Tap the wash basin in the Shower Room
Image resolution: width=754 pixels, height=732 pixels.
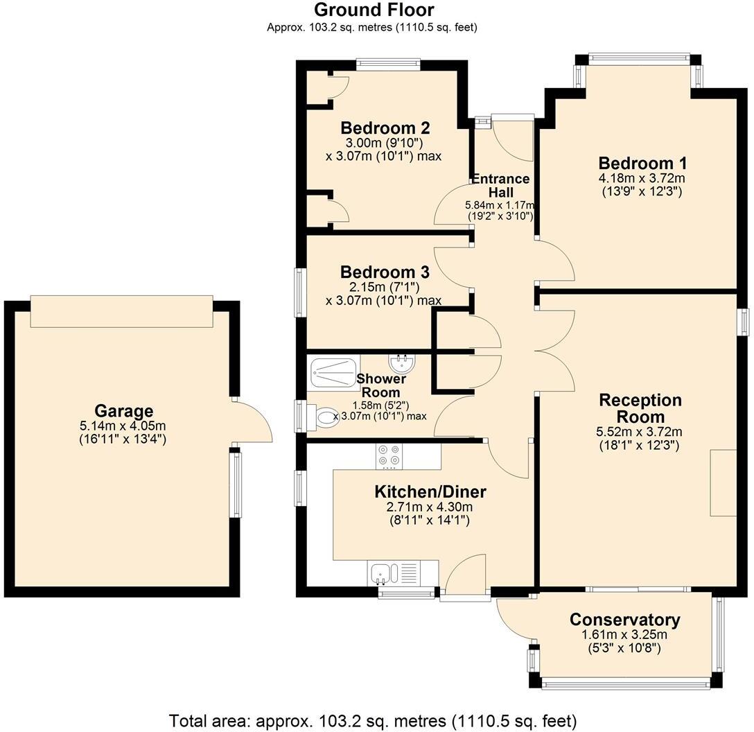pyautogui.click(x=401, y=363)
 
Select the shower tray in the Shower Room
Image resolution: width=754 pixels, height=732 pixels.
pyautogui.click(x=335, y=373)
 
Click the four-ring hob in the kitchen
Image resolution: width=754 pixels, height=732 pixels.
pyautogui.click(x=389, y=455)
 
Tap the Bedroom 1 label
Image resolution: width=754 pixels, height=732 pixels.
pyautogui.click(x=642, y=163)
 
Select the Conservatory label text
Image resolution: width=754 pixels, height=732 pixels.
pyautogui.click(x=624, y=619)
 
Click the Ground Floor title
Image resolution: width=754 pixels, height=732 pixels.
pyautogui.click(x=374, y=10)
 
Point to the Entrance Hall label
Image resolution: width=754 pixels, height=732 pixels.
pyautogui.click(x=500, y=185)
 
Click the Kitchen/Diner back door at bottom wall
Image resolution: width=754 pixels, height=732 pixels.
pyautogui.click(x=466, y=575)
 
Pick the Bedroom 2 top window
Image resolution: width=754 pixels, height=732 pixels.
pyautogui.click(x=388, y=64)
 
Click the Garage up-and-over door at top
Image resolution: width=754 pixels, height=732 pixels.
pyautogui.click(x=121, y=311)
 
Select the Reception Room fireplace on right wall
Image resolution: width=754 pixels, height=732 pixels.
pyautogui.click(x=723, y=482)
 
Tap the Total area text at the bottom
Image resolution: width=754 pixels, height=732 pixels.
pyautogui.click(x=373, y=720)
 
